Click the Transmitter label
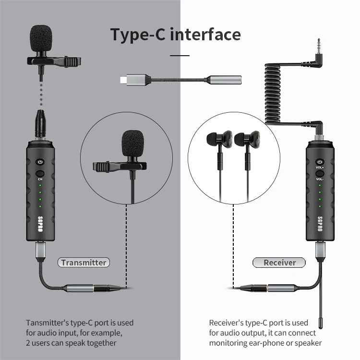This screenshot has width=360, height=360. click(x=84, y=262)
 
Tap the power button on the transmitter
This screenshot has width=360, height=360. click(x=40, y=162)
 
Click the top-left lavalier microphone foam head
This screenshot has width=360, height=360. click(x=42, y=38)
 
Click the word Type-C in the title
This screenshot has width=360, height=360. click(x=139, y=35)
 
